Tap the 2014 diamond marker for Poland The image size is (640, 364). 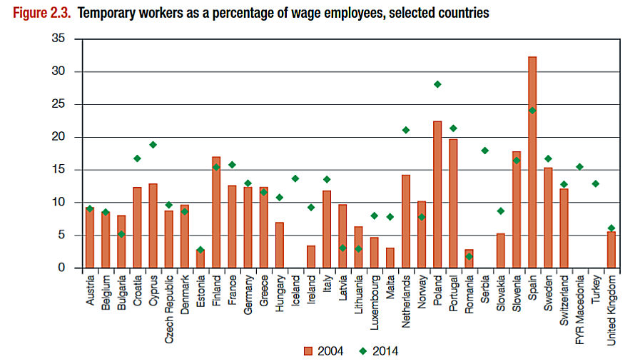pos(437,84)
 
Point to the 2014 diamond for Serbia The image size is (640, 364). pos(484,151)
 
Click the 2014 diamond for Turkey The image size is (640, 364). pos(595,183)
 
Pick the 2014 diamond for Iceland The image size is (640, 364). pos(296,178)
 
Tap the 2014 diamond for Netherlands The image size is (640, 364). pos(406,130)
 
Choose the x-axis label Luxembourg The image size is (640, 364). pos(374,300)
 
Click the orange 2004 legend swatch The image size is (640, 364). pos(308,350)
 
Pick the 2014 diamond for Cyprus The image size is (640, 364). pos(153,145)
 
